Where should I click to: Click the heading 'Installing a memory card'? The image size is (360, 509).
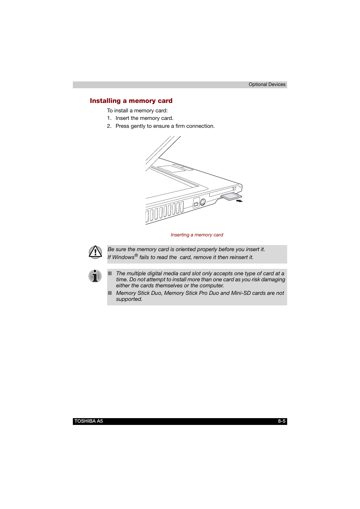tap(131, 101)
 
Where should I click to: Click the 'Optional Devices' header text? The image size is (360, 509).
tap(267, 84)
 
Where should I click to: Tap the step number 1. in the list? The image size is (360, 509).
tap(109, 118)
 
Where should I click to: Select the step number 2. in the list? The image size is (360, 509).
tap(109, 126)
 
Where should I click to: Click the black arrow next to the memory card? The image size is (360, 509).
tap(239, 201)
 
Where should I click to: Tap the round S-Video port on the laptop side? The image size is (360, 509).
tap(203, 202)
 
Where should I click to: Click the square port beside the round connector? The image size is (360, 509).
tap(196, 204)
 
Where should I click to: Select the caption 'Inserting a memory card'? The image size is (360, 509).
tap(197, 235)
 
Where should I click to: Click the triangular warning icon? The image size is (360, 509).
tap(95, 252)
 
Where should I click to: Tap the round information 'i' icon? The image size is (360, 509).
tap(95, 276)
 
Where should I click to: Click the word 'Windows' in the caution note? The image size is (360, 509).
tap(123, 257)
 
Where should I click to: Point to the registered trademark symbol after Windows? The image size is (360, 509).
tap(136, 255)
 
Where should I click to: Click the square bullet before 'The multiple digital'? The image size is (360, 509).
tap(110, 273)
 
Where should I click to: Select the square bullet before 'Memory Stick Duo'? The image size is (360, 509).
tap(110, 293)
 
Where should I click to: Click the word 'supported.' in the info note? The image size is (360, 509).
tap(129, 299)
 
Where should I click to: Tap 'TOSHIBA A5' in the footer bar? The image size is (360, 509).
tap(89, 421)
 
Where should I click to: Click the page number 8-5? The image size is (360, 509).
tap(282, 421)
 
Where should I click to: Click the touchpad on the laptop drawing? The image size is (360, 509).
tap(172, 169)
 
